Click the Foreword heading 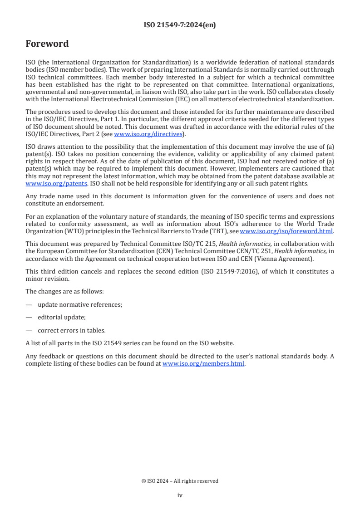[47, 44]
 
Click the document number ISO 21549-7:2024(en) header [180, 25]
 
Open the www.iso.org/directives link [148, 134]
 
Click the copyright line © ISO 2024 [180, 481]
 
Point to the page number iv [180, 495]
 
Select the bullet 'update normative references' [80, 304]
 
